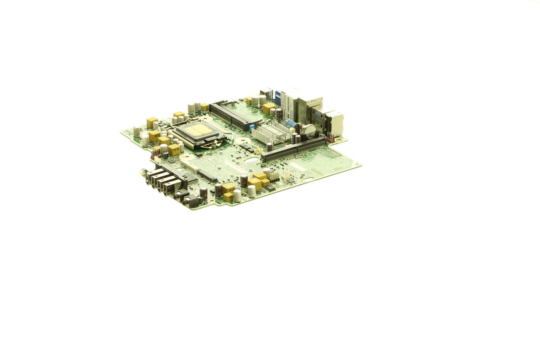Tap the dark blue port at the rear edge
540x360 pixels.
click(x=277, y=96)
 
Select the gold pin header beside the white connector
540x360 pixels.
click(x=275, y=176)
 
